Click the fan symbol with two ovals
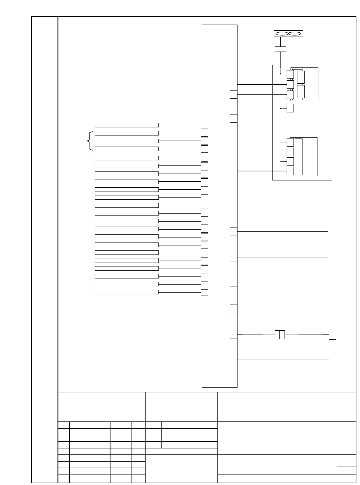click(x=288, y=34)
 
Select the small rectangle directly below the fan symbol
click(x=280, y=49)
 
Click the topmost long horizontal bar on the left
click(x=126, y=125)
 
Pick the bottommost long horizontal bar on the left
click(x=126, y=292)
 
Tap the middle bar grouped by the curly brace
click(x=126, y=141)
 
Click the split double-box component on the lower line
click(x=279, y=335)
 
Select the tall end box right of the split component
click(x=332, y=334)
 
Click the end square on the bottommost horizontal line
click(x=332, y=360)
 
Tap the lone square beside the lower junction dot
click(x=290, y=108)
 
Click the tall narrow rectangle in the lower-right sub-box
click(x=299, y=157)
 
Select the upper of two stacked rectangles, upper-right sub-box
click(x=301, y=77)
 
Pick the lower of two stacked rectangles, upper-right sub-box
click(x=301, y=92)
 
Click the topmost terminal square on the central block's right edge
click(x=234, y=74)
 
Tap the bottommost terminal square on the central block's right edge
click(x=234, y=360)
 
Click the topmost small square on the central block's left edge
click(x=204, y=125)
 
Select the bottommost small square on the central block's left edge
click(x=204, y=293)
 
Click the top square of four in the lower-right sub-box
click(x=290, y=142)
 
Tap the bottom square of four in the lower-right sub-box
click(x=290, y=171)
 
